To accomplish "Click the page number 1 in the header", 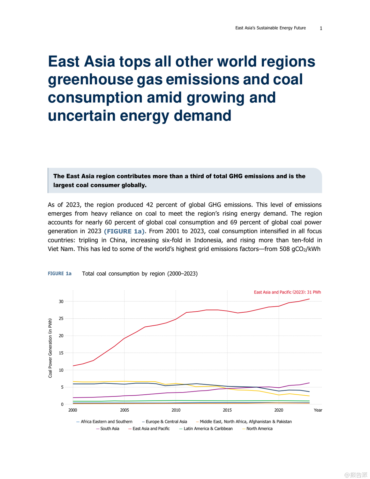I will [x=321, y=28].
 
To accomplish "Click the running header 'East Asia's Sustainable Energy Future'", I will [x=270, y=28].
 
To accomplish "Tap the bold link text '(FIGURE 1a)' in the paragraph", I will [x=125, y=231].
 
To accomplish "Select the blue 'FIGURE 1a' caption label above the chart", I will [x=60, y=274].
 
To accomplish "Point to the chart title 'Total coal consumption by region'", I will [x=140, y=274].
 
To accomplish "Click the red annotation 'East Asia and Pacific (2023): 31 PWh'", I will [x=287, y=292].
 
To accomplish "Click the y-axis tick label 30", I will [x=61, y=301].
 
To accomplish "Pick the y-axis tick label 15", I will [x=61, y=353].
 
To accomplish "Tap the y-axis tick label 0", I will [x=62, y=404].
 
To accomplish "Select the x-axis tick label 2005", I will [x=125, y=410].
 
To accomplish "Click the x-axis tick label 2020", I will [x=279, y=410].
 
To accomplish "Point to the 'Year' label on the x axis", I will [x=318, y=410].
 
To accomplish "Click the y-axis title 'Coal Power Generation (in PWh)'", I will [x=50, y=348].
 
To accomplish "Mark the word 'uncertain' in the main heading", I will [x=81, y=115].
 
